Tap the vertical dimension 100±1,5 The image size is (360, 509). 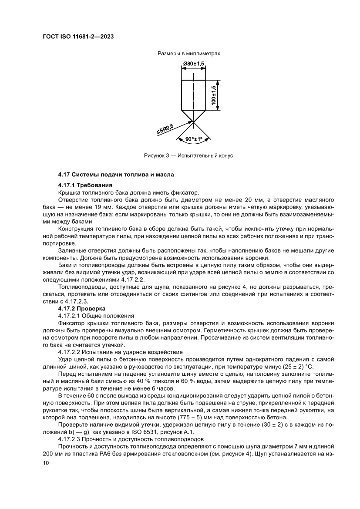click(x=213, y=94)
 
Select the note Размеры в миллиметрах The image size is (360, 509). click(x=189, y=54)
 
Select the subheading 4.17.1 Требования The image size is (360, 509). click(x=83, y=185)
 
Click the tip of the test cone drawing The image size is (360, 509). click(x=191, y=121)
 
